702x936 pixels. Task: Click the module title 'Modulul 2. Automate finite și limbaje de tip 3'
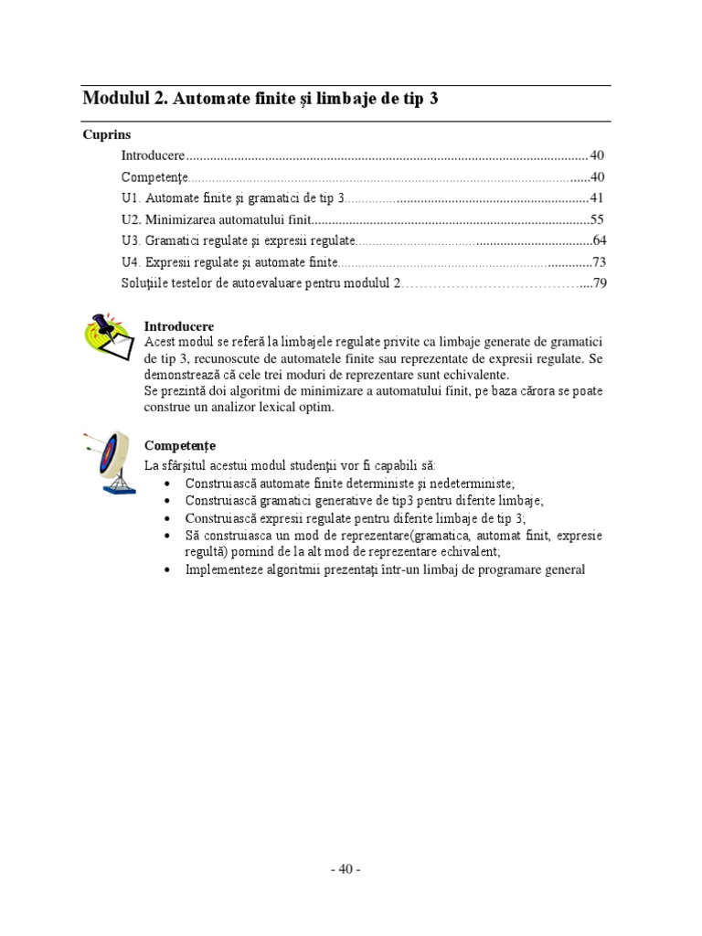(260, 99)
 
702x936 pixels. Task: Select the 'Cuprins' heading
(106, 134)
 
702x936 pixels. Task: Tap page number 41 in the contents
(597, 197)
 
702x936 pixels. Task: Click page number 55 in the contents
(597, 219)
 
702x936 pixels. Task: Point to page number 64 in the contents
(600, 240)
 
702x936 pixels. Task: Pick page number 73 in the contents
(600, 262)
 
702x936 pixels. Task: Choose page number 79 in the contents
(600, 283)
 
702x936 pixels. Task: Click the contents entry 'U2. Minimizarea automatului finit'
(216, 219)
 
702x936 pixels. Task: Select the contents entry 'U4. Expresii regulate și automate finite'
(229, 262)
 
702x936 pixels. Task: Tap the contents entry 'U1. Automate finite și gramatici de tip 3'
(232, 197)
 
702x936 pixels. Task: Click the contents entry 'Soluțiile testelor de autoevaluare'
(261, 283)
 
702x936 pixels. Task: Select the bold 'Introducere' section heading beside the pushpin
(179, 326)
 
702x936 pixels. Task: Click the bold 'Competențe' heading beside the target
(180, 445)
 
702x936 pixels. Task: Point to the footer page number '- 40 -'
(346, 869)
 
